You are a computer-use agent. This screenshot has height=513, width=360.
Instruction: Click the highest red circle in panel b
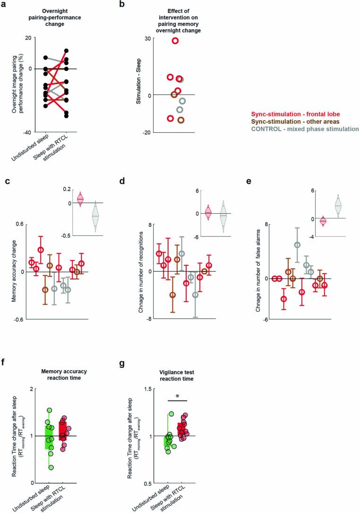click(x=175, y=41)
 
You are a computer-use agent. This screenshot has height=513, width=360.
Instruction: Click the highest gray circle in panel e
click(x=297, y=245)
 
